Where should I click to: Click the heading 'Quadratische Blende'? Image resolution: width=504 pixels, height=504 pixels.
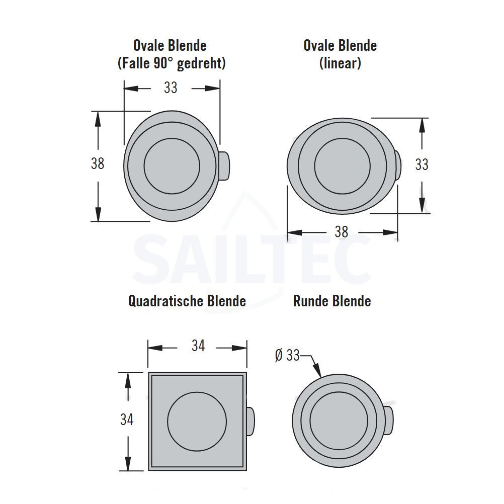[187, 301]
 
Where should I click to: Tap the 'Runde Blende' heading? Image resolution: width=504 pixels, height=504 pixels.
[332, 301]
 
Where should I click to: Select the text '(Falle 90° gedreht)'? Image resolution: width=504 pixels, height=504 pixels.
[172, 63]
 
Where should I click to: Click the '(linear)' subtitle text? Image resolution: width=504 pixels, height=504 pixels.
[340, 63]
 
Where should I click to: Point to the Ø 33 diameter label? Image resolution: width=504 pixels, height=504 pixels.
[287, 355]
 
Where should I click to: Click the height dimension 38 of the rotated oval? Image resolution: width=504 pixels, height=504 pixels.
[98, 163]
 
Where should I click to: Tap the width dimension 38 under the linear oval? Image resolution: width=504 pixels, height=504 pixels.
[342, 232]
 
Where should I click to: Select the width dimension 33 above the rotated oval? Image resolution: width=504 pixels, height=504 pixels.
[171, 88]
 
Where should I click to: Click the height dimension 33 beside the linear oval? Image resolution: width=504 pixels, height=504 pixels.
[422, 164]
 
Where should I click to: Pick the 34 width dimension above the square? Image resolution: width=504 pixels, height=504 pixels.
[198, 346]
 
